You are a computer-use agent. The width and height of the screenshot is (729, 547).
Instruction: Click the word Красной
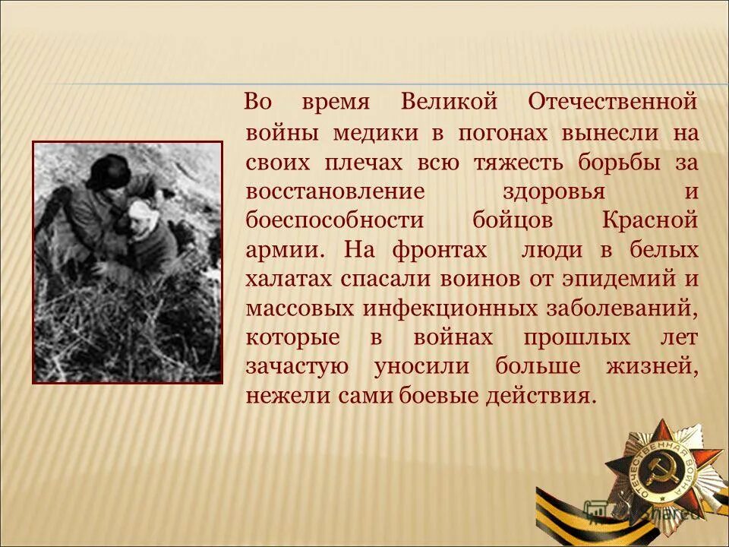pyautogui.click(x=650, y=220)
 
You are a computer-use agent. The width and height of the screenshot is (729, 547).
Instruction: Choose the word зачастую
pyautogui.click(x=297, y=367)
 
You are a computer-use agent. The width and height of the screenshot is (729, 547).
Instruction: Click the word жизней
pyautogui.click(x=651, y=367)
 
